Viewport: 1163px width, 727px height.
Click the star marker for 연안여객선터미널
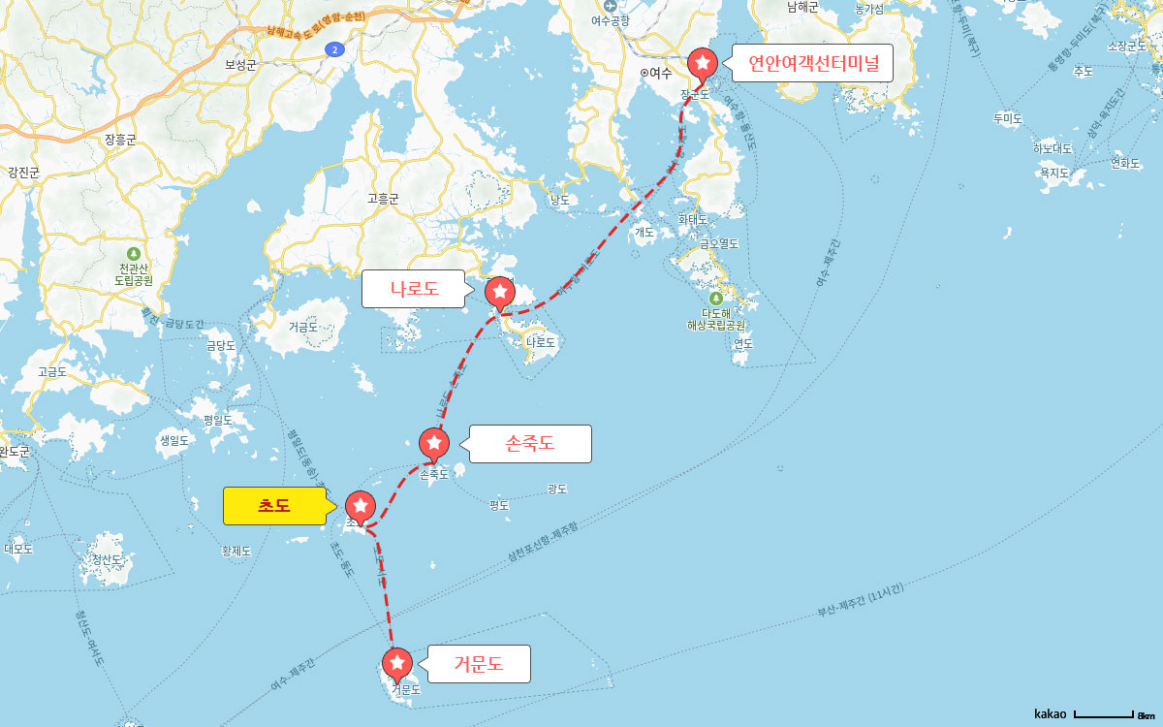(703, 63)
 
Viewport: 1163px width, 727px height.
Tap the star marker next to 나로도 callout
(500, 291)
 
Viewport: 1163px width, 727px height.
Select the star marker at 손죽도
(434, 443)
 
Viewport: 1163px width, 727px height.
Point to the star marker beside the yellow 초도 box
(361, 505)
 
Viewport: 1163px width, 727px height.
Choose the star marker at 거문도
(397, 663)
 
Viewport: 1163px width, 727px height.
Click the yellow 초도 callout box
(274, 505)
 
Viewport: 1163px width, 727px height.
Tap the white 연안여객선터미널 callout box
(812, 64)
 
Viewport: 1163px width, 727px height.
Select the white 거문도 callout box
(479, 664)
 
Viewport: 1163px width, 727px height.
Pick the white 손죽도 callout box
(529, 444)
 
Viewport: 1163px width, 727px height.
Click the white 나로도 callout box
(414, 288)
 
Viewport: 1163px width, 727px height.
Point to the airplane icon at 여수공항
(611, 4)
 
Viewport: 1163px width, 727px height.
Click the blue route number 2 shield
(334, 49)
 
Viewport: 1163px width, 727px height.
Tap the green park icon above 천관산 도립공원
(134, 253)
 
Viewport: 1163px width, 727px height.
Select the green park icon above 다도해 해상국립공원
(715, 299)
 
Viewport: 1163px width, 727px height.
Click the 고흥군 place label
(384, 199)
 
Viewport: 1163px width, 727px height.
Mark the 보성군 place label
(240, 65)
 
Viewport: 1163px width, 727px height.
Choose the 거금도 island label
(302, 328)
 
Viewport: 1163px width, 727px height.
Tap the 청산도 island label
(107, 559)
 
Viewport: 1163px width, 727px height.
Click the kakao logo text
(1050, 713)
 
